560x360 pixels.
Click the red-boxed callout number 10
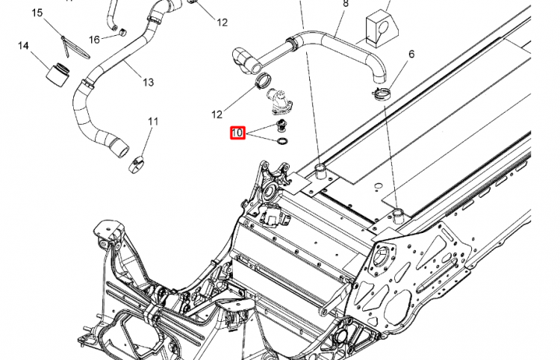[237, 134]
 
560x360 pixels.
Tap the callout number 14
[23, 46]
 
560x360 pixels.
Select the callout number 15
[37, 13]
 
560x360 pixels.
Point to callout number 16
[95, 39]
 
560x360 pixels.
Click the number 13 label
[147, 81]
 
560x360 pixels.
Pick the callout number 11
[152, 121]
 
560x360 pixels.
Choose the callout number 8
[345, 4]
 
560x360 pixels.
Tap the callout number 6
[411, 54]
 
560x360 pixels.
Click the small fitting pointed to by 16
[117, 31]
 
